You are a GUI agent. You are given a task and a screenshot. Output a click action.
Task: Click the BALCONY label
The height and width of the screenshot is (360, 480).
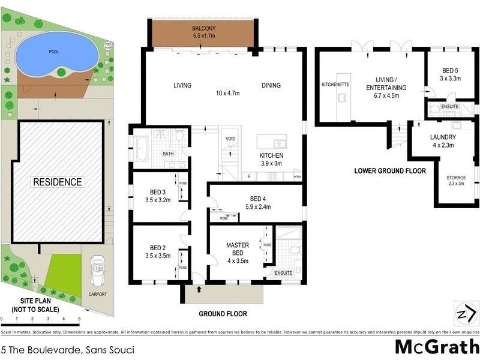[x=204, y=29]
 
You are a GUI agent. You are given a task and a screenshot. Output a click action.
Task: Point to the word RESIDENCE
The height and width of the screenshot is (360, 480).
[x=58, y=182]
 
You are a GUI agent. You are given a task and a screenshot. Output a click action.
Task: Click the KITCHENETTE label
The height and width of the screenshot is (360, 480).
[x=335, y=84]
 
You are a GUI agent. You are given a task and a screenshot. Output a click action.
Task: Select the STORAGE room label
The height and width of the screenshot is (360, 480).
[x=455, y=178]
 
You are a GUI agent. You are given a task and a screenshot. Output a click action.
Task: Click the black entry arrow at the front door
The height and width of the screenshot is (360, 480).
[x=199, y=290]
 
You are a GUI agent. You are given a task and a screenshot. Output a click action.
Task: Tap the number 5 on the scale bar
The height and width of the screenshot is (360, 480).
[x=79, y=319]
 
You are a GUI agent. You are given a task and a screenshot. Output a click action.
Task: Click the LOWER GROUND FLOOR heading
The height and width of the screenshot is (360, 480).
[x=389, y=171]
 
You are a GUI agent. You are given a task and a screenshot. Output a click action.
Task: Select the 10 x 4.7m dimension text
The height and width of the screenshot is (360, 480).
[x=228, y=93]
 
